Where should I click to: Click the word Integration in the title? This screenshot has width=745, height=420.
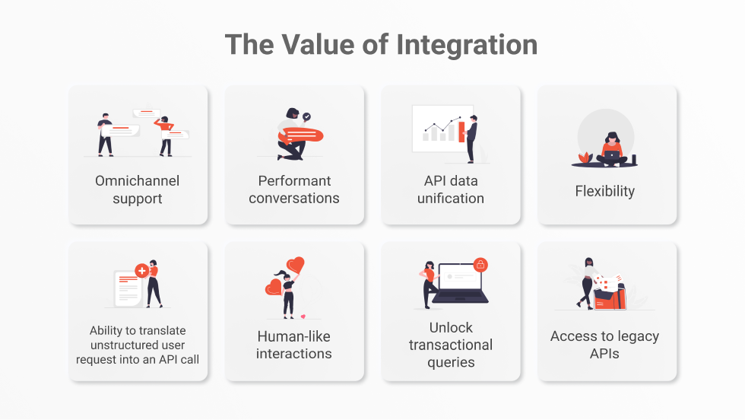pos(467,45)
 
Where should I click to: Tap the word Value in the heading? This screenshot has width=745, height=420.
pos(318,45)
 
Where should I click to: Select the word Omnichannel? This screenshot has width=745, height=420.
pos(138,181)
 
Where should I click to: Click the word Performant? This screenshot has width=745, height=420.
pos(295,181)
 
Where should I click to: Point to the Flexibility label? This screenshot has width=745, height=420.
pos(605,191)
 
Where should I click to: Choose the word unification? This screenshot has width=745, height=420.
pos(450,198)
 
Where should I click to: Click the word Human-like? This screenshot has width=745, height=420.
pos(293,336)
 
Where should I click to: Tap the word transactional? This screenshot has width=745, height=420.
pos(450,345)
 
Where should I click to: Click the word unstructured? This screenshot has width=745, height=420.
pos(138,345)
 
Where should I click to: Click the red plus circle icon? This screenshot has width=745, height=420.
pos(141,271)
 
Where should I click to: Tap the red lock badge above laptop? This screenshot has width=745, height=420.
pos(480,265)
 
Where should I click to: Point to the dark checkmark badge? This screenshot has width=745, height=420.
pos(307,116)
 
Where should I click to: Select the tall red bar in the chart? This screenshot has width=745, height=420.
pos(461,132)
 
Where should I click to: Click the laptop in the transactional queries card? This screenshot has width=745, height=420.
pos(460,283)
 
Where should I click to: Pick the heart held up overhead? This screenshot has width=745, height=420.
pos(296,264)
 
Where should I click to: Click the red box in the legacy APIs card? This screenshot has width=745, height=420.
pos(610,297)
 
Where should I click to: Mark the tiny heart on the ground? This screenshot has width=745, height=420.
pos(303,317)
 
